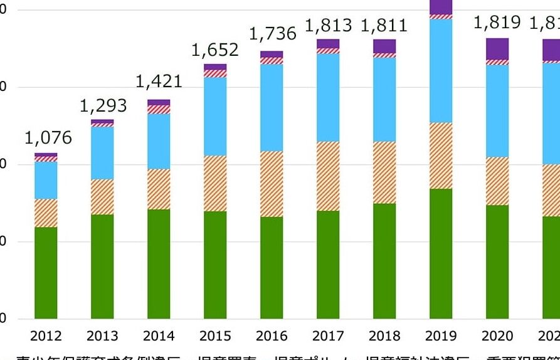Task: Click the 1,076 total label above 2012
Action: click(48, 138)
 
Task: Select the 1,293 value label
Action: click(103, 106)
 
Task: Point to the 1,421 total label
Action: click(159, 82)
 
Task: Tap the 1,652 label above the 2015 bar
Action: click(214, 50)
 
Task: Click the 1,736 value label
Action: click(272, 34)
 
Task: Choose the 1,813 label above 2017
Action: click(328, 26)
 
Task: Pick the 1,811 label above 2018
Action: click(384, 26)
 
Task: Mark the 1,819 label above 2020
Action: click(497, 23)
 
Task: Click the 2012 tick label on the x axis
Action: click(46, 336)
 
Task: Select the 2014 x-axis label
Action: click(159, 336)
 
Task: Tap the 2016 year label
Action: click(272, 336)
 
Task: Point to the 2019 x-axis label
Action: click(441, 336)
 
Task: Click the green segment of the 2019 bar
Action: click(441, 253)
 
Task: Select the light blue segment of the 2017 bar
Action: click(328, 97)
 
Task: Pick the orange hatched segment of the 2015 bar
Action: click(215, 183)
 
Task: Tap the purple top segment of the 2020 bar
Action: click(497, 48)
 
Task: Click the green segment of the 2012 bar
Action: click(46, 273)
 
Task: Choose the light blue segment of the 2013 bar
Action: click(102, 152)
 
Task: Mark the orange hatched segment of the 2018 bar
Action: click(384, 172)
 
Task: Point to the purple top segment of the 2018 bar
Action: click(384, 46)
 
